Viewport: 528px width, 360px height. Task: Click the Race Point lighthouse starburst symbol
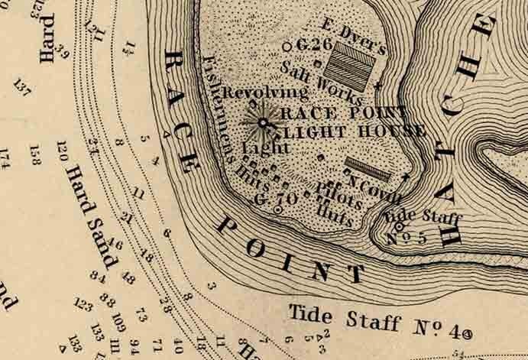[263, 122]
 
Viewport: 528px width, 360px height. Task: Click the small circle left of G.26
[287, 47]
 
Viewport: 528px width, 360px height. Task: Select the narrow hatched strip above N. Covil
[368, 166]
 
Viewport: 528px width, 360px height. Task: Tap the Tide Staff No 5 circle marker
[399, 226]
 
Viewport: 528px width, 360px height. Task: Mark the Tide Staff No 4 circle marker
[467, 333]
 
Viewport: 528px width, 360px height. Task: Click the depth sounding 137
[22, 89]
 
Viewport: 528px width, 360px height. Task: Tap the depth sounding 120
[62, 152]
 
